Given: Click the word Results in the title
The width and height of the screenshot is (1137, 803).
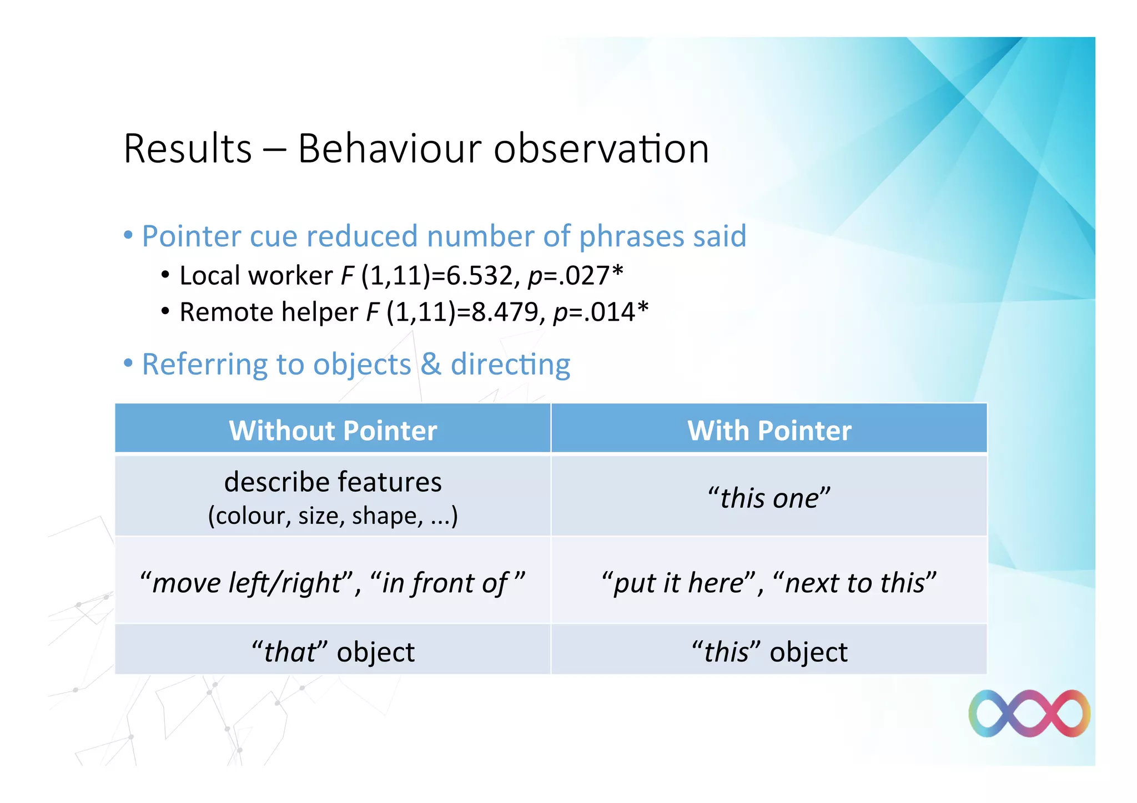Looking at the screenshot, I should click(188, 149).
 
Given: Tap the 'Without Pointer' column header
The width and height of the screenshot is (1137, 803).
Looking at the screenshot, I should click(333, 431).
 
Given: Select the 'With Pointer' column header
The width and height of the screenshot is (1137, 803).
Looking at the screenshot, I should click(769, 431).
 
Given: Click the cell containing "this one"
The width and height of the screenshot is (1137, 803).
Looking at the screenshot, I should click(769, 497).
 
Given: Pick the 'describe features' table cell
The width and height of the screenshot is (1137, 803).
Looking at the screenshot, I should click(333, 482).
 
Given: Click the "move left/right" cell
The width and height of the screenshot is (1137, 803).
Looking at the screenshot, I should click(333, 583).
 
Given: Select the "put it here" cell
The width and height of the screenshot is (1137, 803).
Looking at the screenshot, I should click(769, 583).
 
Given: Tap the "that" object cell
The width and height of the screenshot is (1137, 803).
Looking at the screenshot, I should click(333, 652).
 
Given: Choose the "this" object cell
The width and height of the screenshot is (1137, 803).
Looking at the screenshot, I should click(769, 652).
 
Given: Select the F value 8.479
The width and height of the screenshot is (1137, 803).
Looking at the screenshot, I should click(505, 312).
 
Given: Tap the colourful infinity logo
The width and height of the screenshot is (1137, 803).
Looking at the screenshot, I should click(1029, 714).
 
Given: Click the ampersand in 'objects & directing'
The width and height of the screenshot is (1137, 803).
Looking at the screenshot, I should click(431, 365).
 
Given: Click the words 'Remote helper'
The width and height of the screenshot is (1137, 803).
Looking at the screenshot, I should click(269, 312).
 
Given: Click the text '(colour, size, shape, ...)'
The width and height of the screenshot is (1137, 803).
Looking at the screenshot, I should click(333, 516).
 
